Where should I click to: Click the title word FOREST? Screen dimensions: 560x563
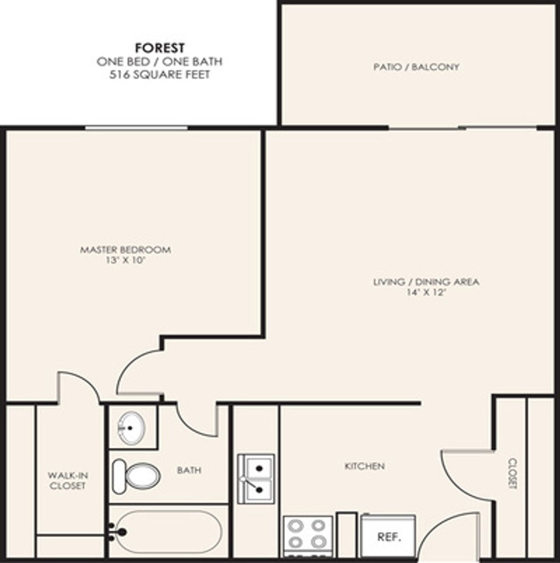tap(160, 48)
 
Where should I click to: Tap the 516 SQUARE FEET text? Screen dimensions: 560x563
tap(160, 75)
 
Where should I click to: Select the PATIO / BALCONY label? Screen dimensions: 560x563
tap(416, 67)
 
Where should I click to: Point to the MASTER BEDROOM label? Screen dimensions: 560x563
tap(126, 250)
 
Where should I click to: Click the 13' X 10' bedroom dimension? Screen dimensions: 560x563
tap(126, 260)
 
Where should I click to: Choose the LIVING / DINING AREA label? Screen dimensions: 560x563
tap(427, 282)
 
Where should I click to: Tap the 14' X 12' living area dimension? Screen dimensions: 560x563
tap(427, 292)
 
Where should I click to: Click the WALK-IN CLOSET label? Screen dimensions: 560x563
tap(68, 481)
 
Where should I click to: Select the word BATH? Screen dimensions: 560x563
tap(189, 470)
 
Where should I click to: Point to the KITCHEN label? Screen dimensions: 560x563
tap(365, 466)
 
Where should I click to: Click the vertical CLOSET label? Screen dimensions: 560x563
tap(513, 473)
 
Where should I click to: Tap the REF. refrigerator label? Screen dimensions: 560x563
tap(389, 537)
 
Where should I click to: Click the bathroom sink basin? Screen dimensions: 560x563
tap(131, 428)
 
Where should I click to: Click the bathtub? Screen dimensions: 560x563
tap(169, 532)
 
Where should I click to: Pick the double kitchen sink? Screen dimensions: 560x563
tap(256, 479)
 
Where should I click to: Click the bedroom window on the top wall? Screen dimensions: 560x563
tap(136, 127)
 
